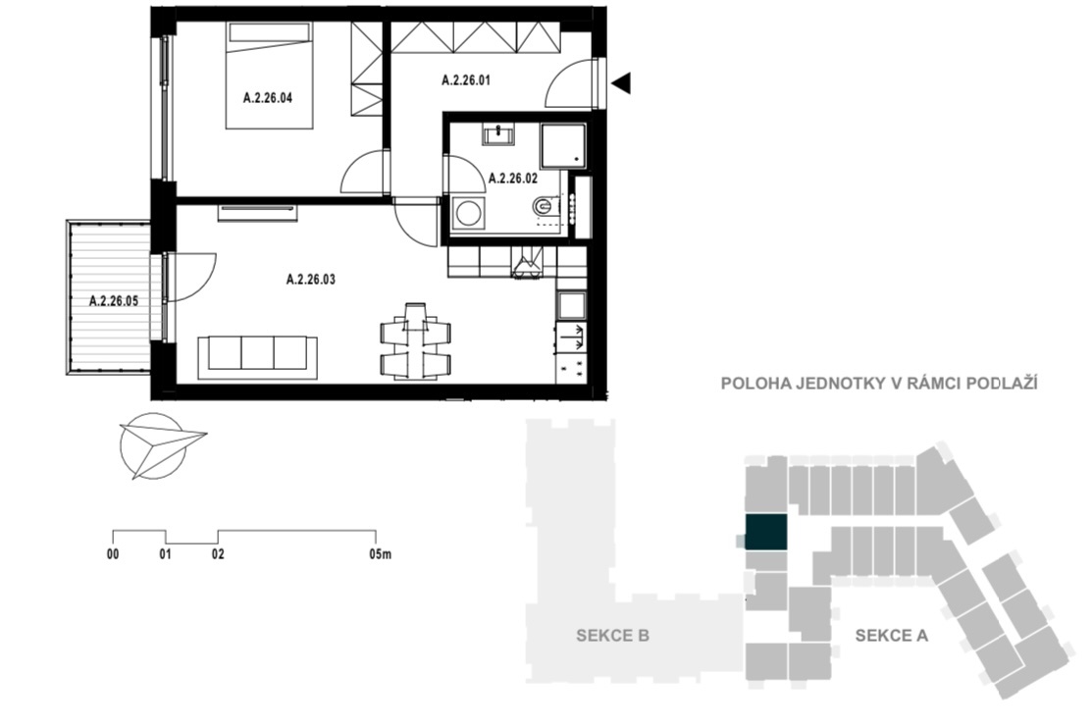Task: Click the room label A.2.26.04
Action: click(268, 98)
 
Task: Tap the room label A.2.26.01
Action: click(466, 80)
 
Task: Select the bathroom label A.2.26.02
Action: click(513, 179)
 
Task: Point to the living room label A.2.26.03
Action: click(311, 280)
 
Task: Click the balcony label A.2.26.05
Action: click(114, 301)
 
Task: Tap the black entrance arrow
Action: click(621, 82)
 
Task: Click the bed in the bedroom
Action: click(269, 76)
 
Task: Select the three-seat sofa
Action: click(257, 358)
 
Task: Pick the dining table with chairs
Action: click(415, 341)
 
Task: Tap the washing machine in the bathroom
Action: click(467, 214)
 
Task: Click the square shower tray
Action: click(563, 146)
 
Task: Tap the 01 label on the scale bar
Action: click(166, 554)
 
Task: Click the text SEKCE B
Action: click(613, 636)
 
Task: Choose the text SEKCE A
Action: click(891, 636)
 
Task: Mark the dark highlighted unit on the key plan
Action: click(766, 533)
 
